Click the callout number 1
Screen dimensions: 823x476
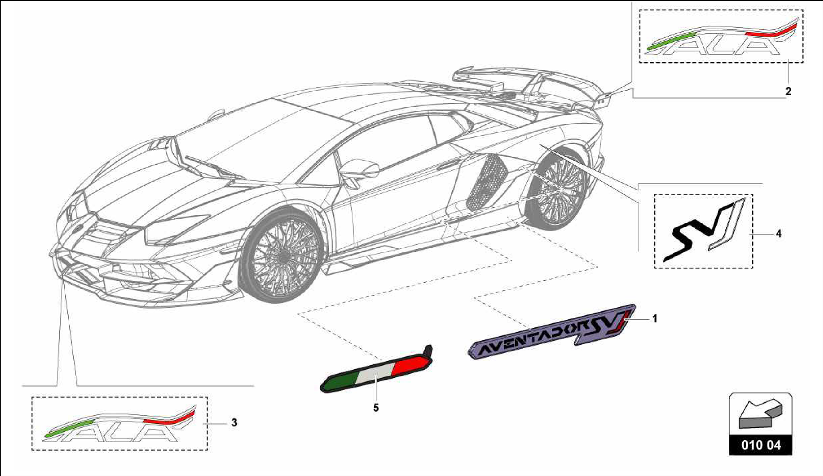[x=655, y=319]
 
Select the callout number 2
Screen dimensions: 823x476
[x=788, y=92]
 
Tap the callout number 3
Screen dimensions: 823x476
[x=234, y=423]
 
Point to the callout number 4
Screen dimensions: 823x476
[x=778, y=234]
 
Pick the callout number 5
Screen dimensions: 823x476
[x=376, y=408]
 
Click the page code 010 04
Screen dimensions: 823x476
[x=761, y=445]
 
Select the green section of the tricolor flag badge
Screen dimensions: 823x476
[x=342, y=380]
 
